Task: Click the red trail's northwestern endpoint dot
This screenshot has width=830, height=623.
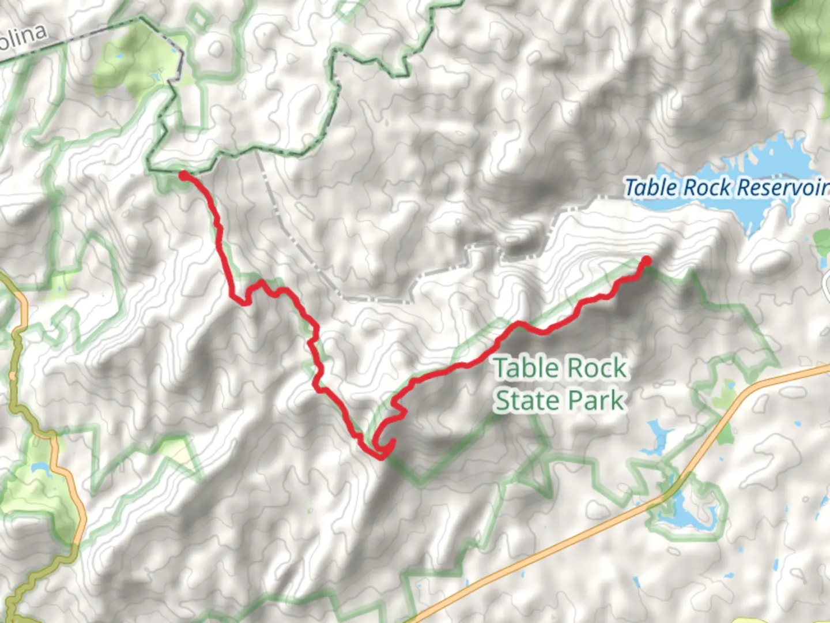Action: click(x=183, y=175)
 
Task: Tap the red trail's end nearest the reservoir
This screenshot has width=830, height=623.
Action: click(x=646, y=261)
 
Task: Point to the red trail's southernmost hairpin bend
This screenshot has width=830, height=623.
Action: click(x=381, y=456)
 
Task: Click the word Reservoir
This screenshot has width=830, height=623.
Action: click(x=782, y=187)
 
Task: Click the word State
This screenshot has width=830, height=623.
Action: click(x=525, y=401)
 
